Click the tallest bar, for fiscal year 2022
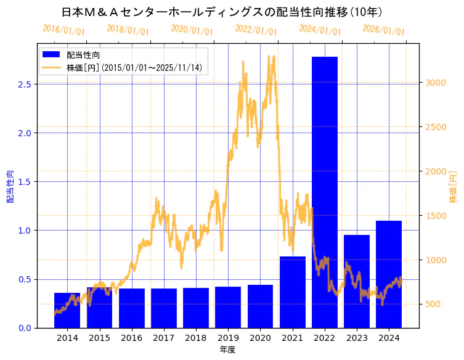pyautogui.click(x=325, y=191)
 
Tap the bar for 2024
pyautogui.click(x=389, y=274)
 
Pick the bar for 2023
pyautogui.click(x=357, y=281)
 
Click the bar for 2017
pyautogui.click(x=164, y=308)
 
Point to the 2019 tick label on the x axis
pyautogui.click(x=228, y=338)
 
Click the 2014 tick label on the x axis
pyautogui.click(x=67, y=338)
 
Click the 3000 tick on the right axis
pyautogui.click(x=434, y=83)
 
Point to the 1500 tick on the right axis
pyautogui.click(x=434, y=216)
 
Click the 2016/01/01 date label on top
pyautogui.click(x=63, y=29)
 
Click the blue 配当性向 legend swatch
pyautogui.click(x=51, y=55)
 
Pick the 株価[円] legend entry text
pyautogui.click(x=134, y=68)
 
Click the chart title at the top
pyautogui.click(x=222, y=12)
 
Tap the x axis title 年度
pyautogui.click(x=227, y=350)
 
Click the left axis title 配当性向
pyautogui.click(x=10, y=186)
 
